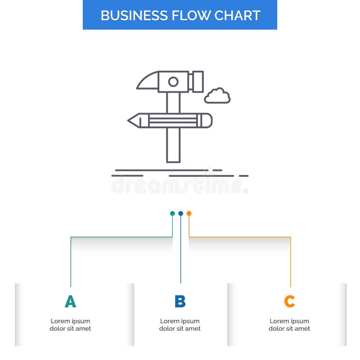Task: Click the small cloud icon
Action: click(x=217, y=96)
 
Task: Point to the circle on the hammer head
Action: click(x=173, y=82)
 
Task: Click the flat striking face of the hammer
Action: click(x=198, y=81)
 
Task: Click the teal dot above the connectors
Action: click(x=172, y=213)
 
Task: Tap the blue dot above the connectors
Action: click(x=180, y=213)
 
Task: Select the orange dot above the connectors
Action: click(x=189, y=213)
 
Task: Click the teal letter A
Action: click(x=70, y=301)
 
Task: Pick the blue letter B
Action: click(x=180, y=301)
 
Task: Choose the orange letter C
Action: click(x=289, y=301)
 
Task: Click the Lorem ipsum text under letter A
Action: click(x=70, y=325)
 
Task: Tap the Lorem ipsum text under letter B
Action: click(x=180, y=325)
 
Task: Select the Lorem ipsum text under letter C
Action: click(x=289, y=325)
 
